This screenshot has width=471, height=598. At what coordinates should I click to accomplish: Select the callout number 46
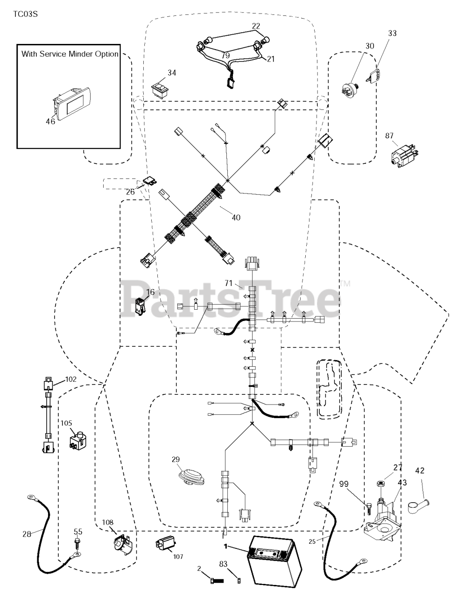click(50, 121)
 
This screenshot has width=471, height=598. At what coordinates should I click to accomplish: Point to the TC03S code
click(25, 14)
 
